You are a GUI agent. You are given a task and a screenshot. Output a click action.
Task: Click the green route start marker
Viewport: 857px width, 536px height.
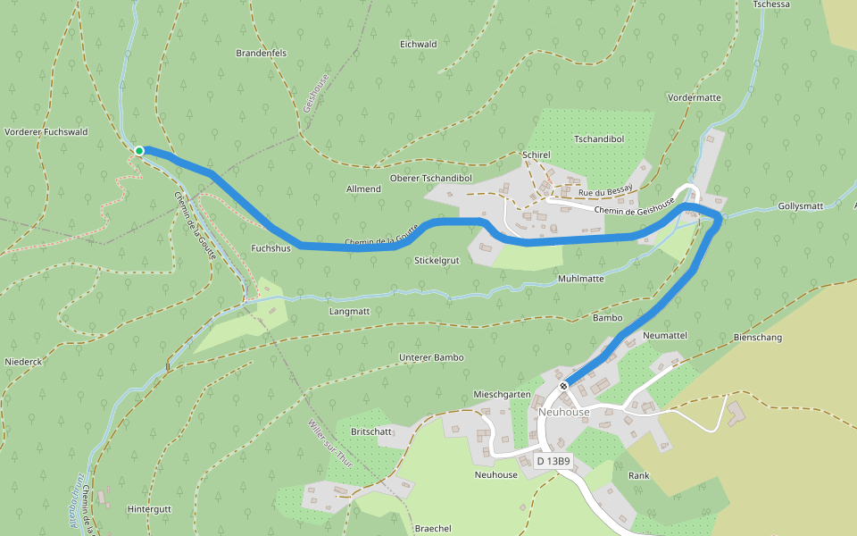tap(139, 151)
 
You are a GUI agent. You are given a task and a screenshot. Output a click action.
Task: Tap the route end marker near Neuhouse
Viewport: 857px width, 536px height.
tap(564, 386)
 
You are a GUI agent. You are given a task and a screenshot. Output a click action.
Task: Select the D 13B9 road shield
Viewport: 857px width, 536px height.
tap(553, 461)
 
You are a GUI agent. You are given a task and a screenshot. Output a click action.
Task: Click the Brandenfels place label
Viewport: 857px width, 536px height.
tap(261, 54)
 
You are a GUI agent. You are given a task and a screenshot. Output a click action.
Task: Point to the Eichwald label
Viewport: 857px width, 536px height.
tap(418, 44)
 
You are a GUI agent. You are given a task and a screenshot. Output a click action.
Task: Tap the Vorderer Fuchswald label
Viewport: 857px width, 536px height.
tap(46, 132)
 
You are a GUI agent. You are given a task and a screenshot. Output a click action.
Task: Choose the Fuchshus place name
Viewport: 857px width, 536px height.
tap(271, 248)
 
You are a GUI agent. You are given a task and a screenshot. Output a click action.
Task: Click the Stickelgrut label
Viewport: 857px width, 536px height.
tap(437, 261)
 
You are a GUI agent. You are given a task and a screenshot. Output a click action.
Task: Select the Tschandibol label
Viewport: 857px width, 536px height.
tap(598, 139)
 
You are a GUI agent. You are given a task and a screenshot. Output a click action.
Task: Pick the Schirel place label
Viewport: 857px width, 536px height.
tap(537, 155)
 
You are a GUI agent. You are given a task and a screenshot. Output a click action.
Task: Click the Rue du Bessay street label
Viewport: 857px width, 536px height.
tap(605, 193)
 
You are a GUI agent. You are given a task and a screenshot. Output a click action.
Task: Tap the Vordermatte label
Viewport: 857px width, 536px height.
tap(693, 97)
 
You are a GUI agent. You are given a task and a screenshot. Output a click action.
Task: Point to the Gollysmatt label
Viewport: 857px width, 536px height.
tap(800, 206)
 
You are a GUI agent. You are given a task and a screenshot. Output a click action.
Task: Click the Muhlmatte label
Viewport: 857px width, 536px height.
tap(580, 279)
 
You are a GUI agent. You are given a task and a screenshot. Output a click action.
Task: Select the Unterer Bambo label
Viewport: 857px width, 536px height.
tap(431, 357)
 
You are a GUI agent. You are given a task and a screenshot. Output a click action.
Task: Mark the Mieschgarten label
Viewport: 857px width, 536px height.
tap(503, 394)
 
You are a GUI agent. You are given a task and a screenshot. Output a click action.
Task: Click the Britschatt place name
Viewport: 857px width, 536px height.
tap(372, 431)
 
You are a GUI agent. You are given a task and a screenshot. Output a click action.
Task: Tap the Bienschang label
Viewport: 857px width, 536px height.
tap(757, 338)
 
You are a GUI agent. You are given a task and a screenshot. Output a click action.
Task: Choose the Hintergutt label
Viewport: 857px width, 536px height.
tap(149, 508)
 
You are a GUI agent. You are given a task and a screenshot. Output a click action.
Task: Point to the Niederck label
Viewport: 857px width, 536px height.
tap(23, 362)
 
